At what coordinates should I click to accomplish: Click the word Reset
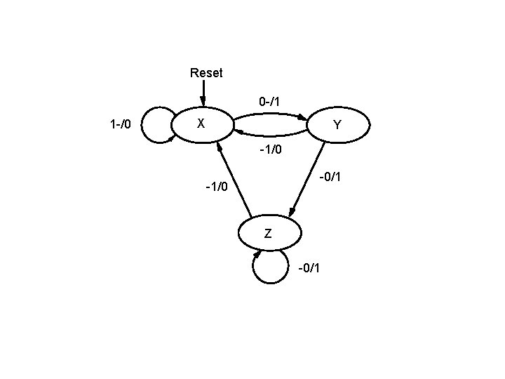click(206, 73)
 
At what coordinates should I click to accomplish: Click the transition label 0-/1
click(269, 102)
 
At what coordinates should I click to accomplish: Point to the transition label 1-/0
click(121, 126)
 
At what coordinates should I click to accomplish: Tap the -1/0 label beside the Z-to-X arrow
click(216, 187)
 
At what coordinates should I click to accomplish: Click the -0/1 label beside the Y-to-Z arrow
click(330, 177)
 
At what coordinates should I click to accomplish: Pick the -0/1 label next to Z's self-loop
click(309, 268)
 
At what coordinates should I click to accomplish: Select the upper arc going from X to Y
click(270, 112)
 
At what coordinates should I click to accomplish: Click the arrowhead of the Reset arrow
click(203, 102)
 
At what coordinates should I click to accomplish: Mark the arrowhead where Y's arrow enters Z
click(293, 213)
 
